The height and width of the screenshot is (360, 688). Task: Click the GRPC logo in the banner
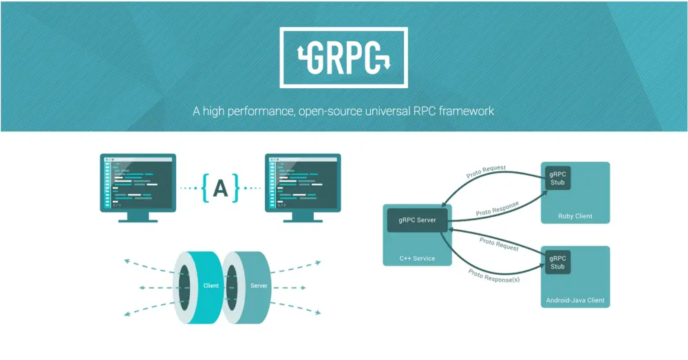pos(343,58)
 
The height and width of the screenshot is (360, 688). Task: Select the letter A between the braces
pos(220,187)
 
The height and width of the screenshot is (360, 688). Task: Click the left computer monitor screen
pos(138,182)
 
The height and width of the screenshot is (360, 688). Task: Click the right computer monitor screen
pos(303,182)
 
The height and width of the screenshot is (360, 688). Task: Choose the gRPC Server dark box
pos(416,220)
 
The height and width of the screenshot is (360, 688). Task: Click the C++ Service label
pos(417,258)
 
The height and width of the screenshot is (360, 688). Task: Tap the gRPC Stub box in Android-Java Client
pos(557,262)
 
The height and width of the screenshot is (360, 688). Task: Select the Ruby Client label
pos(575,216)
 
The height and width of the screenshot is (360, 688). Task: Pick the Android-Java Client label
pos(575,300)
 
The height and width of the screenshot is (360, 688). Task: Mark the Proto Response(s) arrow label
pos(494,276)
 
